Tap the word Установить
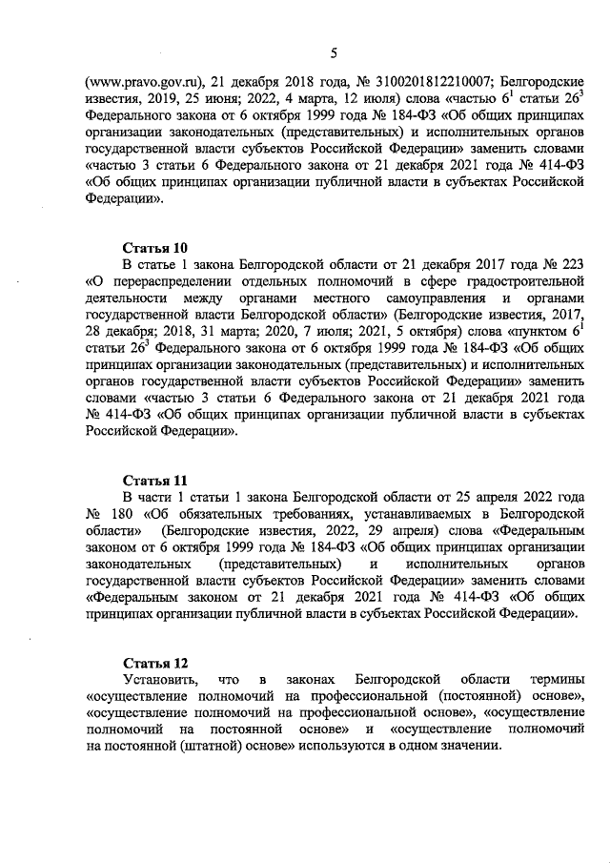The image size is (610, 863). click(x=162, y=679)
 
